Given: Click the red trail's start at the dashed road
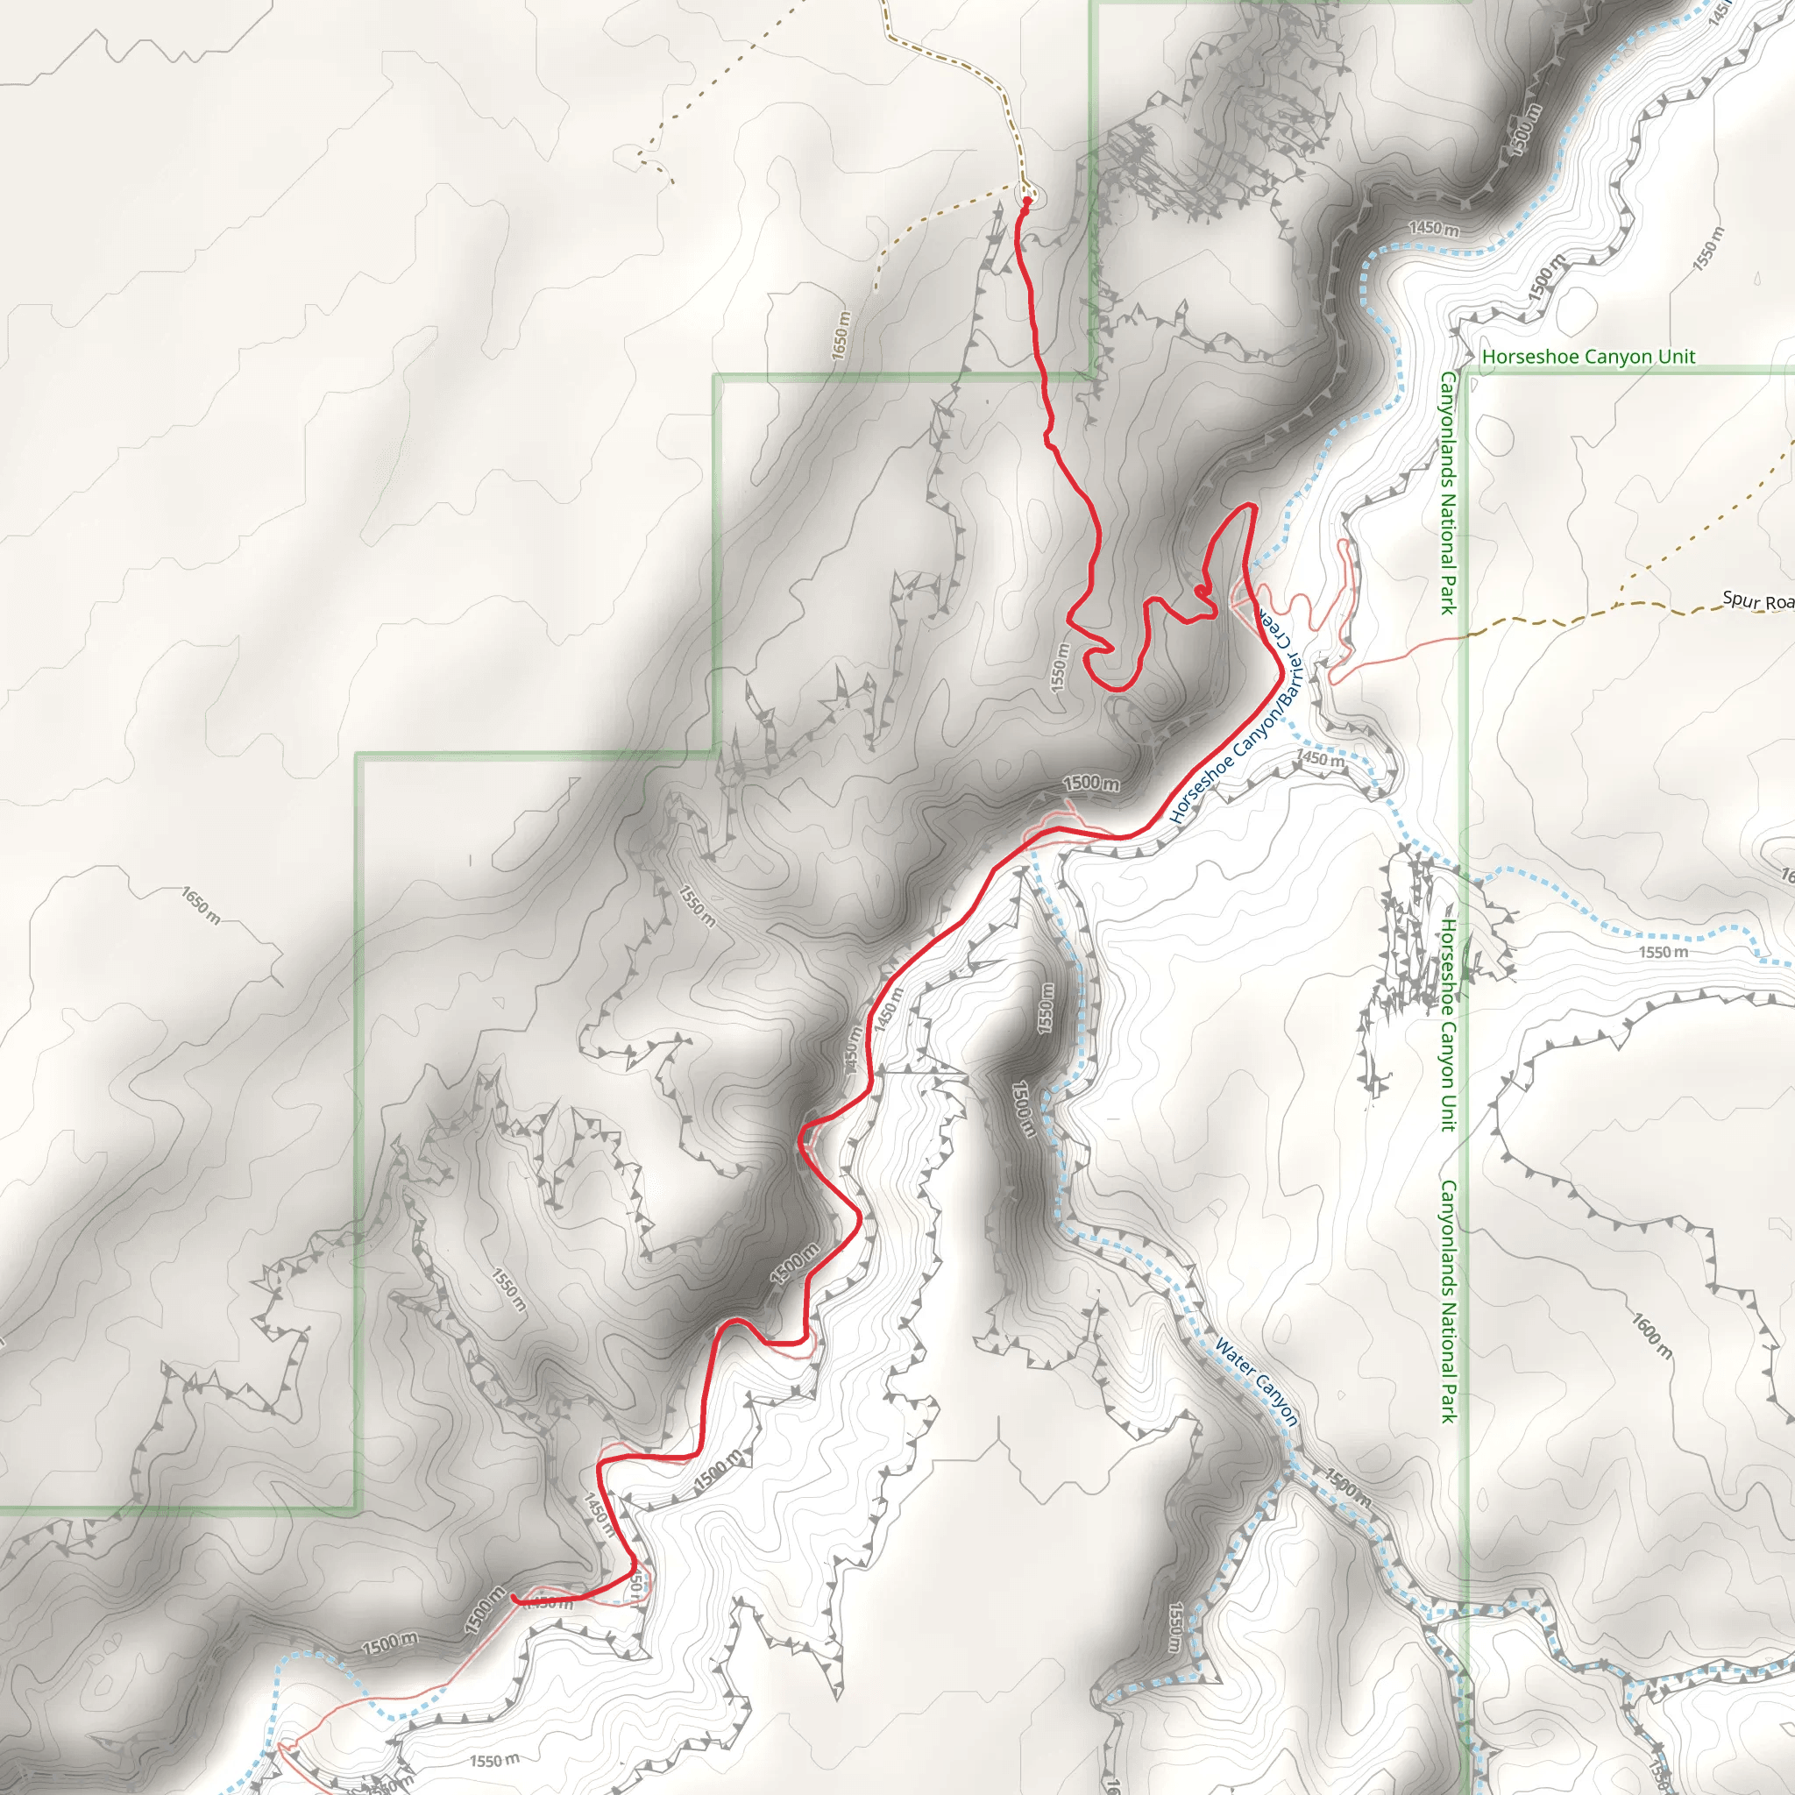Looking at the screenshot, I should [1026, 201].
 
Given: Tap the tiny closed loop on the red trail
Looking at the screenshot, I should [1202, 590].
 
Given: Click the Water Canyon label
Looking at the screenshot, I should [1256, 1381].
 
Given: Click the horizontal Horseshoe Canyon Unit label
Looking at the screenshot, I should [1589, 357].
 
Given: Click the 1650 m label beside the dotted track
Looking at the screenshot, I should [840, 336].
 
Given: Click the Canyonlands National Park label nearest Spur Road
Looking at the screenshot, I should [1448, 493].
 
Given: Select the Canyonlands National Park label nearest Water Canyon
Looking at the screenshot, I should [1448, 1301].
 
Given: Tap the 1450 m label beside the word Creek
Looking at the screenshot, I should [1319, 759].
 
